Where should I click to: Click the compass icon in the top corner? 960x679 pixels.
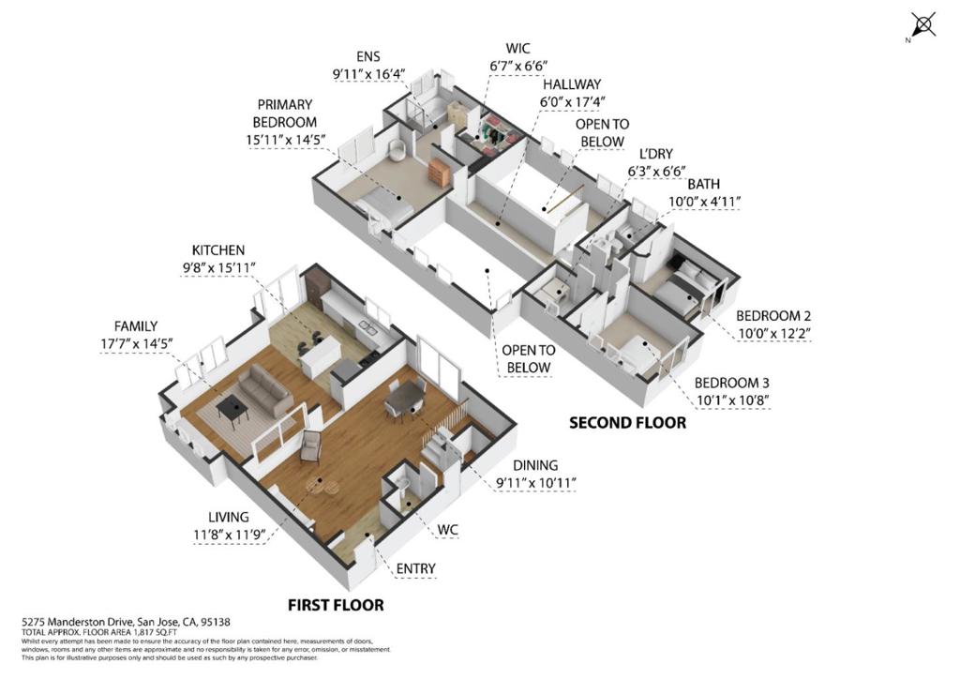(x=922, y=25)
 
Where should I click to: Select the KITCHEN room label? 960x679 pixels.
(x=218, y=250)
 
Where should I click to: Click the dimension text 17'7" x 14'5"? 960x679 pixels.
(x=138, y=343)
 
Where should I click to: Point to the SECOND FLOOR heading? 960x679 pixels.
(x=627, y=423)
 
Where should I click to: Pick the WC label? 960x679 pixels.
(x=447, y=530)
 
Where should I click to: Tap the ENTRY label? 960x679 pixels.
(x=415, y=568)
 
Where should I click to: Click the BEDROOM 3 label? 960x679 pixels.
(x=732, y=383)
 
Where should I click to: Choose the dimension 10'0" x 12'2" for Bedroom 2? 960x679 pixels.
(x=772, y=334)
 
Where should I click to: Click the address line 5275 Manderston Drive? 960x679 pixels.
(x=126, y=622)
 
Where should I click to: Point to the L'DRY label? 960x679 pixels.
(x=655, y=154)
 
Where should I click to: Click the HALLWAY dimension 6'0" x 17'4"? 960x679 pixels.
(x=572, y=101)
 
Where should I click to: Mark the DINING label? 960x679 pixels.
(x=535, y=465)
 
